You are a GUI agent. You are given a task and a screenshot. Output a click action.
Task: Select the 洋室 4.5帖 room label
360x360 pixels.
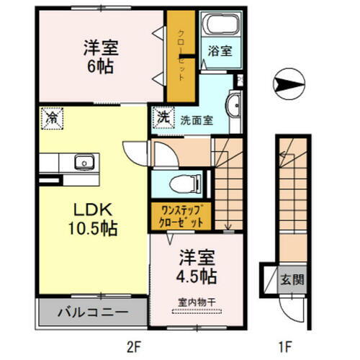[x=194, y=267]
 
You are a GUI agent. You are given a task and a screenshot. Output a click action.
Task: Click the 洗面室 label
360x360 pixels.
[x=195, y=120]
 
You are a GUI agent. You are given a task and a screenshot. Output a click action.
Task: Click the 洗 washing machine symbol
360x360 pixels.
[x=163, y=116]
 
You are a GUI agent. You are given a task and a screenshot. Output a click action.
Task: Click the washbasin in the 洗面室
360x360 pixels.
[x=235, y=107]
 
